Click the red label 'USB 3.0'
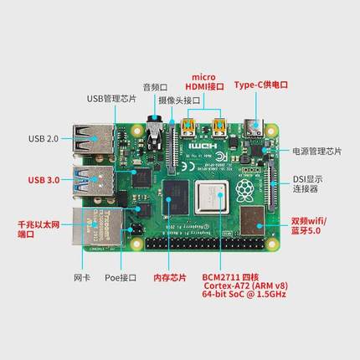[44, 179]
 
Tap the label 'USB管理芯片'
[111, 98]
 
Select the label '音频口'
[156, 85]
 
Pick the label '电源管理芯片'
[316, 152]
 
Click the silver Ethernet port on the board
[92, 227]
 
